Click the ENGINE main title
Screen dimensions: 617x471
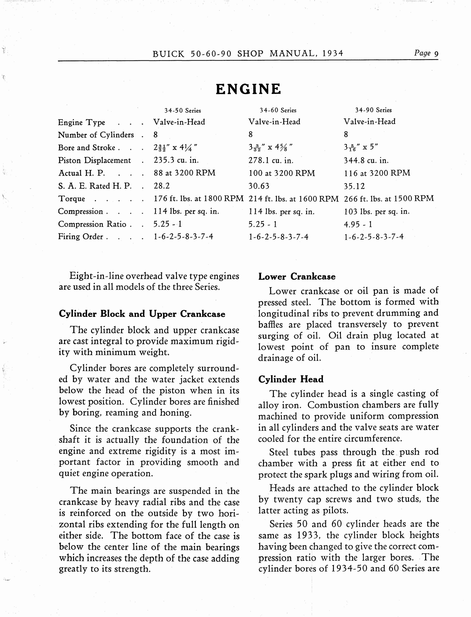point(248,89)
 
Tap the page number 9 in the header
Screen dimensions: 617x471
point(436,54)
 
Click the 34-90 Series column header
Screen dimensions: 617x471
point(373,110)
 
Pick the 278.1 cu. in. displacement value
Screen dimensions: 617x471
point(271,160)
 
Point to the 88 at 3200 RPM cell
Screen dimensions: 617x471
point(184,173)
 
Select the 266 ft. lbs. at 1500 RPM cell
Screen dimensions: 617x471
point(389,199)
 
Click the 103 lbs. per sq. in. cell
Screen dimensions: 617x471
point(376,211)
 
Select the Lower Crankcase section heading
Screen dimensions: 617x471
point(297,277)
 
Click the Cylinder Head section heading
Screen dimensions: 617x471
point(291,379)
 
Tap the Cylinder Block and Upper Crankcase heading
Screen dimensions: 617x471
point(142,314)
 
